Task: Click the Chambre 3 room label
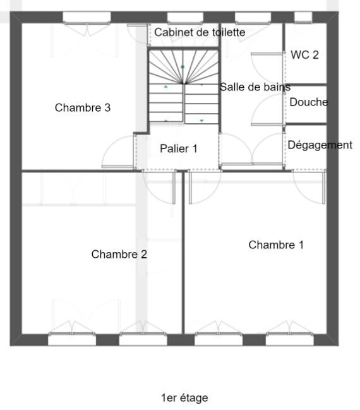(x=83, y=108)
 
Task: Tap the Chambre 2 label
(x=119, y=254)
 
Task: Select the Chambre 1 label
(x=276, y=245)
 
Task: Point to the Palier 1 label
(x=179, y=149)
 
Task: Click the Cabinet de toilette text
(x=200, y=32)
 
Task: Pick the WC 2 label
(x=304, y=55)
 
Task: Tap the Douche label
(x=309, y=102)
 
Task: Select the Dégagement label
(x=320, y=145)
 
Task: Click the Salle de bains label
(x=255, y=87)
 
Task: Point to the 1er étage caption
(x=184, y=398)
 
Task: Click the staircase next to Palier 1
(x=184, y=87)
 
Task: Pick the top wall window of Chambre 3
(x=87, y=18)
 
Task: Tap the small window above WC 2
(x=303, y=17)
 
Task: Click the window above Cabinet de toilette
(x=185, y=18)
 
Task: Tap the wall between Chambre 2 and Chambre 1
(x=183, y=252)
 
